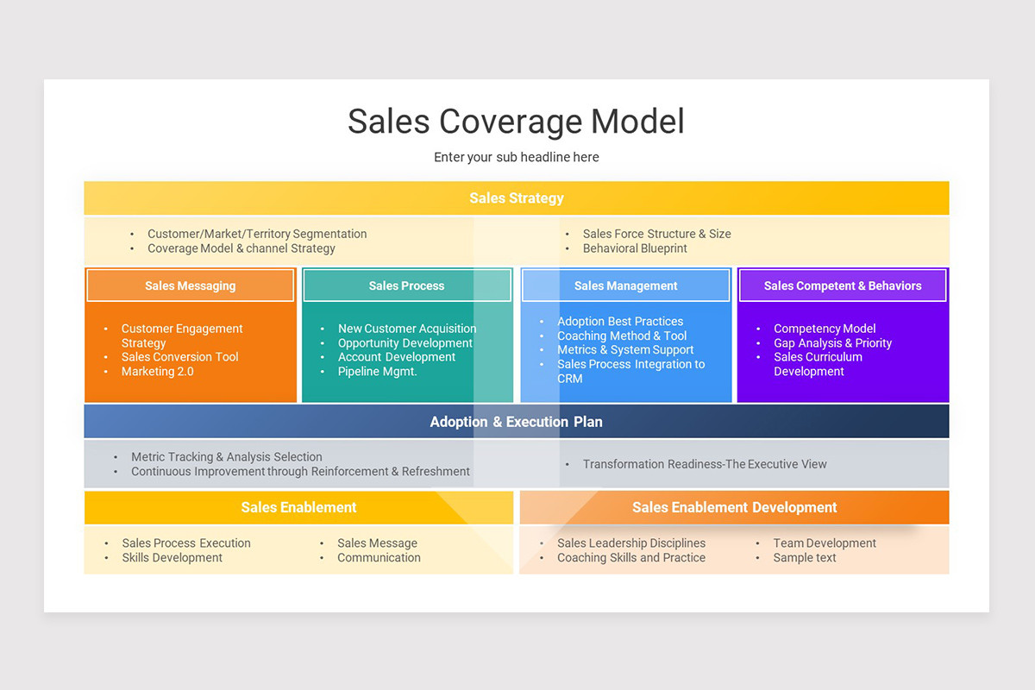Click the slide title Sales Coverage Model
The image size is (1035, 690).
click(x=516, y=122)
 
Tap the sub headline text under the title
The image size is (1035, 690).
click(x=516, y=157)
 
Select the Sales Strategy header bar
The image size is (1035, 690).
click(x=516, y=198)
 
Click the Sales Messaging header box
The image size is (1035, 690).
click(x=190, y=285)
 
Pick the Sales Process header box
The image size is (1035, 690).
click(x=406, y=285)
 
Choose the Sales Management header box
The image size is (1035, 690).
click(x=625, y=285)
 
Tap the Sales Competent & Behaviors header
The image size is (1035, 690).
click(x=842, y=285)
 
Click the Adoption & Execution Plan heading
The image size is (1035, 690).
click(x=516, y=422)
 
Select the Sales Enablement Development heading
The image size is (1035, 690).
click(x=734, y=507)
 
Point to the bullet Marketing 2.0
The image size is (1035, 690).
click(x=157, y=372)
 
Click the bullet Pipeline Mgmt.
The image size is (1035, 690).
click(x=377, y=372)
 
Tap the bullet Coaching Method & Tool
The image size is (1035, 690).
click(x=621, y=336)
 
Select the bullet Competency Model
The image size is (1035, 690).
click(x=824, y=329)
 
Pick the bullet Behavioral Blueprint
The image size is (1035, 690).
click(x=635, y=248)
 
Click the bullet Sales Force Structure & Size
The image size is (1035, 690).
click(x=656, y=234)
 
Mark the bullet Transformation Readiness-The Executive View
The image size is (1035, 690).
click(x=704, y=464)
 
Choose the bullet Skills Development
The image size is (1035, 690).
click(x=172, y=558)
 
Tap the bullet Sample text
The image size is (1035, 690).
click(x=804, y=558)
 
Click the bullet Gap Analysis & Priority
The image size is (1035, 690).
click(x=832, y=343)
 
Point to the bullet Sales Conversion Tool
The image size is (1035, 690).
click(x=179, y=357)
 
